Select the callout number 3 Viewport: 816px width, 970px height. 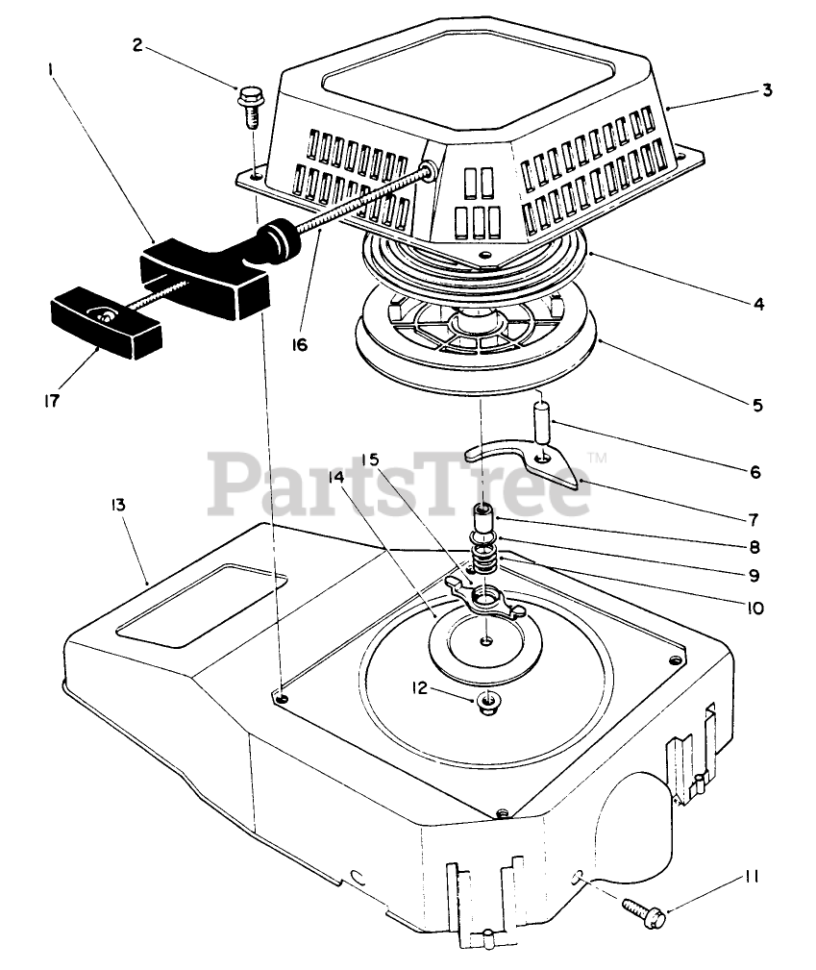tap(766, 90)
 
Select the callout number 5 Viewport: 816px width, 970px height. tap(759, 405)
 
